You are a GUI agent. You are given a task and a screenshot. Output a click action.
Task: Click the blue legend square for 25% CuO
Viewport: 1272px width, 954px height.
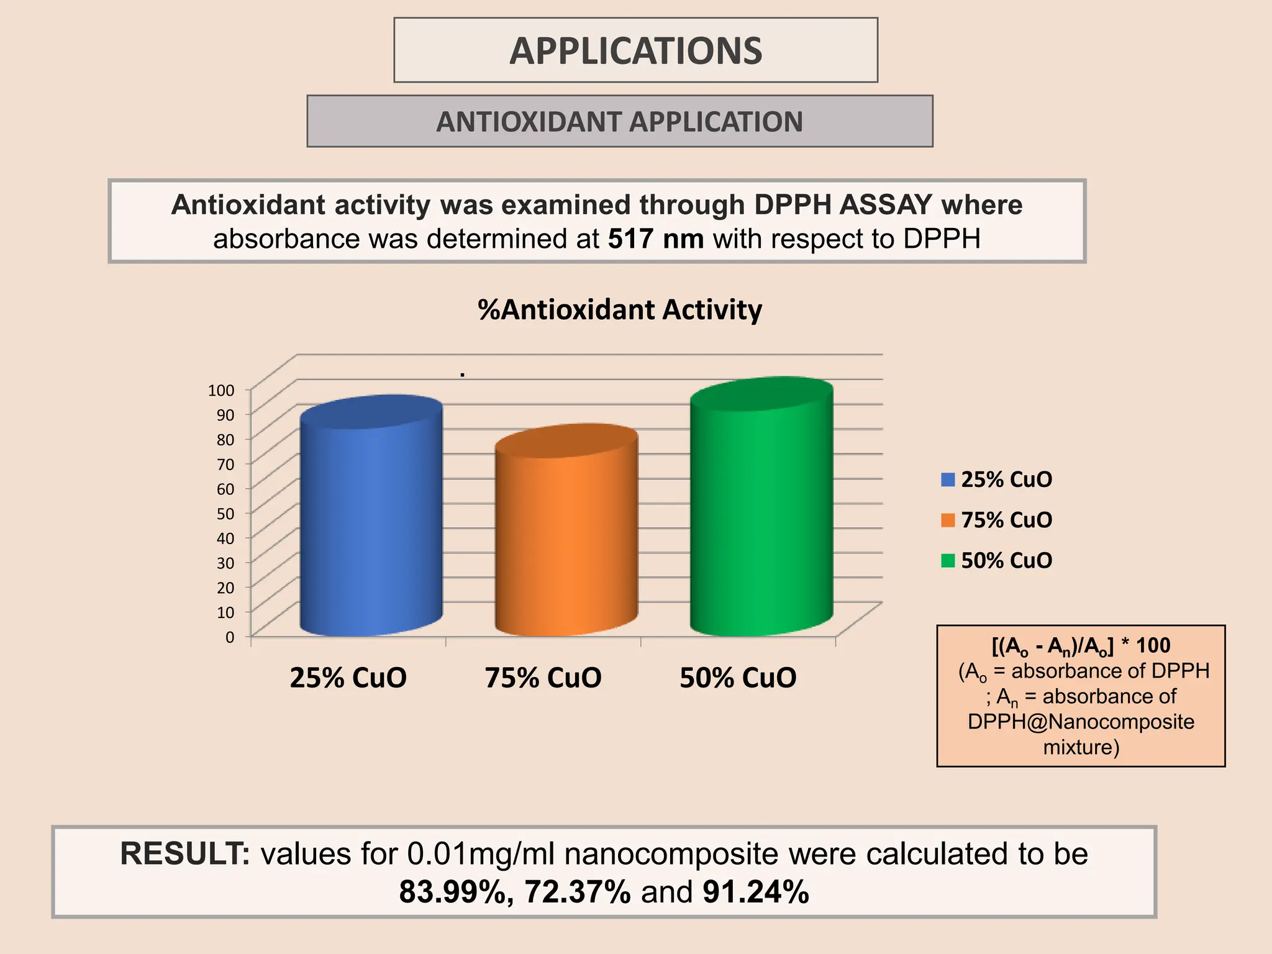[x=948, y=479]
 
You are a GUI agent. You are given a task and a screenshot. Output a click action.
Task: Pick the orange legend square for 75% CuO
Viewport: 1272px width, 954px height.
[x=948, y=520]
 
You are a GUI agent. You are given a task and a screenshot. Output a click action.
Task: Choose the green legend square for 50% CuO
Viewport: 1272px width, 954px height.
[x=948, y=561]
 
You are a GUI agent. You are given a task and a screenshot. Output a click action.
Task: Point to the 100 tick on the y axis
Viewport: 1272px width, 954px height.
[x=221, y=391]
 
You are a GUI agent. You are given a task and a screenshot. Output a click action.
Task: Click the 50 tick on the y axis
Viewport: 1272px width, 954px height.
[x=225, y=514]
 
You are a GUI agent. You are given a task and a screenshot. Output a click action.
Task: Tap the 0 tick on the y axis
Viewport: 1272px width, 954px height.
[x=230, y=637]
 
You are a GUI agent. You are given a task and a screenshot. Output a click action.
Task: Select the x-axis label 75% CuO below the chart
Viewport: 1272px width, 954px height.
[x=543, y=678]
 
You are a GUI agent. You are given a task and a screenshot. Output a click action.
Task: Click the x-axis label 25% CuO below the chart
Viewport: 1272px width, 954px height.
[x=348, y=678]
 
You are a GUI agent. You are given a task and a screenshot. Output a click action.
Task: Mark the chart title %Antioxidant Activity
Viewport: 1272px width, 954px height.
[x=619, y=309]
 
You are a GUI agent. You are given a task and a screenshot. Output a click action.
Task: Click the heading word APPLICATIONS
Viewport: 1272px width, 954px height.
[x=635, y=51]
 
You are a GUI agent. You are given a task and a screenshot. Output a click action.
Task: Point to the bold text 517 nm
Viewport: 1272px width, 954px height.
[x=655, y=239]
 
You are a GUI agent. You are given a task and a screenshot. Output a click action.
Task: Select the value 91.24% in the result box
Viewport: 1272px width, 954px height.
[x=755, y=892]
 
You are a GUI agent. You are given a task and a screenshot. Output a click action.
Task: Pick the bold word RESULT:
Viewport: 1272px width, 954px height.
[x=184, y=854]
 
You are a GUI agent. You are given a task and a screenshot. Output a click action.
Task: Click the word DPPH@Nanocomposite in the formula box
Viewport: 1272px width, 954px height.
[x=1081, y=722]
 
